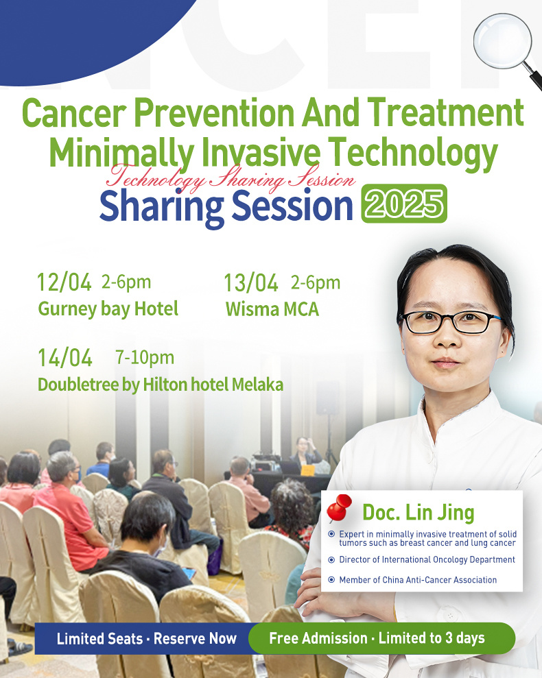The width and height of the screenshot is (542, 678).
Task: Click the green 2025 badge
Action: click(404, 204)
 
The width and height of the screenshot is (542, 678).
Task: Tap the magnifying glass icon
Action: click(506, 47)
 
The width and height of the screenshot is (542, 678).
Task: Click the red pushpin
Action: click(338, 508)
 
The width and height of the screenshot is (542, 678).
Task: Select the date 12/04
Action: click(64, 282)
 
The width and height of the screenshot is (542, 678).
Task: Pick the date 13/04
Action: click(251, 283)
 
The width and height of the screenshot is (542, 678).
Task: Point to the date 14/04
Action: click(65, 358)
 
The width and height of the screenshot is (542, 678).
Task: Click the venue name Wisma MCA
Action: click(272, 309)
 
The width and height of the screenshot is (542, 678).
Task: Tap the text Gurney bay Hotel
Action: click(108, 309)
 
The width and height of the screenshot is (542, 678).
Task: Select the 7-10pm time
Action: click(145, 358)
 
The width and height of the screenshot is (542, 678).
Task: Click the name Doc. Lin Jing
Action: click(419, 512)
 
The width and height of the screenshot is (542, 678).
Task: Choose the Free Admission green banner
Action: click(381, 638)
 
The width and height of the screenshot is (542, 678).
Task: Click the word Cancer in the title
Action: click(73, 112)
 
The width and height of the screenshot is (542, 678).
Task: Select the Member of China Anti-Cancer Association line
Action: click(418, 580)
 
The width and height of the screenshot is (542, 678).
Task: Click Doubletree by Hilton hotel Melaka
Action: click(161, 385)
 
